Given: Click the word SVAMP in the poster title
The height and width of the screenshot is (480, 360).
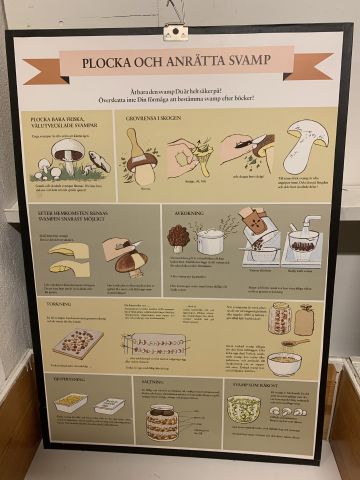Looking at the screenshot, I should [x=243, y=60].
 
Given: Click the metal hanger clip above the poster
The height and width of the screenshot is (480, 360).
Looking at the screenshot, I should [x=176, y=32].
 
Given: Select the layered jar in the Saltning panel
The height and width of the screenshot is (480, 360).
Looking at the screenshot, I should [x=162, y=421].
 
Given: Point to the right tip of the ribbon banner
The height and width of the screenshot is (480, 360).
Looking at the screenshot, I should [x=330, y=67].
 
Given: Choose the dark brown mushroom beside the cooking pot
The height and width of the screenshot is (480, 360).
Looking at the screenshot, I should [x=179, y=238].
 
